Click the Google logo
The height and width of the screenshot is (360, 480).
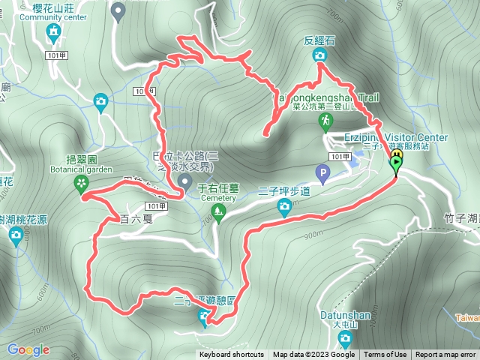(28, 349)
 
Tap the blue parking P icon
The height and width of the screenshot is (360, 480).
(322, 175)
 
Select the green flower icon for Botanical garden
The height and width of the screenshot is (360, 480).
(79, 184)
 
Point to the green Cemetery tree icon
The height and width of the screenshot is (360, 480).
(217, 212)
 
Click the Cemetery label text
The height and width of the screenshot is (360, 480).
(217, 199)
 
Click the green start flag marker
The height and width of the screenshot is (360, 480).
(395, 164)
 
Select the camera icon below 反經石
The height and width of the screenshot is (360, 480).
(320, 55)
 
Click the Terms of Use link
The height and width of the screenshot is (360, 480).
(385, 355)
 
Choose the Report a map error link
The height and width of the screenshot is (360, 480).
(445, 355)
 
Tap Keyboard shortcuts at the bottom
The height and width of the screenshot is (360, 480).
(231, 355)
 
